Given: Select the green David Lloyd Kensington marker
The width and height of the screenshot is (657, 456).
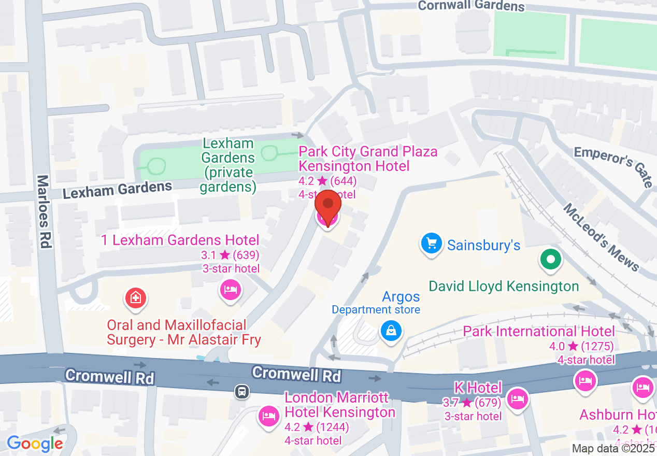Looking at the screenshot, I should click(x=551, y=259).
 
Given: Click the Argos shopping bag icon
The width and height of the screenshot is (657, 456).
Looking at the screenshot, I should click(x=391, y=330).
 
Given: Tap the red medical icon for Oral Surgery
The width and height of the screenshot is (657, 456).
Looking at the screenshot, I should click(x=135, y=297).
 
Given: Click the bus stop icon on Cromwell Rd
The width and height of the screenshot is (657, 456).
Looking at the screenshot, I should click(x=241, y=391).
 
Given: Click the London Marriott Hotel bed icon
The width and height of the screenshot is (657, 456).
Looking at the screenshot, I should click(x=268, y=416).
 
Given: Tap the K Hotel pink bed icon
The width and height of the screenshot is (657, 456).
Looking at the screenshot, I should click(x=518, y=398).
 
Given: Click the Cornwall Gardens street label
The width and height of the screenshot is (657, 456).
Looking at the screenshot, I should click(x=471, y=6).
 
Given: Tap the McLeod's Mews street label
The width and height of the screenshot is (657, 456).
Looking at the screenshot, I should click(x=602, y=236).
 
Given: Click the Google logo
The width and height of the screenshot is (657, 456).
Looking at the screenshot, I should click(x=35, y=444).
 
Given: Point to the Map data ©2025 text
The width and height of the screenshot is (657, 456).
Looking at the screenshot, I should click(x=613, y=448).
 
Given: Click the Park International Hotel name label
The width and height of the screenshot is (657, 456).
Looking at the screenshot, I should click(x=539, y=331).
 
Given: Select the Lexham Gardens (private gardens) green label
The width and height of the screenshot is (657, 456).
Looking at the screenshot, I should click(x=228, y=165).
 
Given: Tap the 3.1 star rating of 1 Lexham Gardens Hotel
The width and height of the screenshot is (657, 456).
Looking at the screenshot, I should click(x=230, y=255).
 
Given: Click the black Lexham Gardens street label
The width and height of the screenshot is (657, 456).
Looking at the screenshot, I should click(x=117, y=190).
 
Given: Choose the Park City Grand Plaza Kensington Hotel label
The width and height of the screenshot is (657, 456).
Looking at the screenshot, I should click(x=367, y=159).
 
